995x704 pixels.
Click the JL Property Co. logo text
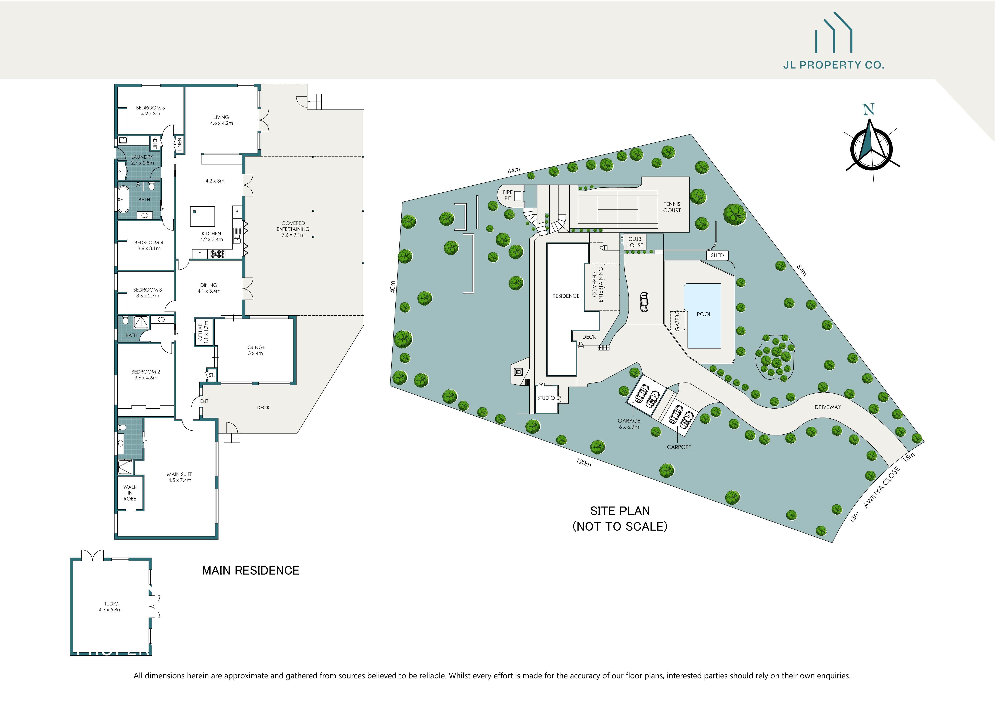click(833, 65)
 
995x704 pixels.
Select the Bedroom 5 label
click(150, 110)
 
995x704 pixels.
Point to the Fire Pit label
click(507, 195)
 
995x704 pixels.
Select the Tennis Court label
click(672, 207)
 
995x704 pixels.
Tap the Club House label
click(634, 242)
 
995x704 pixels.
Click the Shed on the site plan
click(717, 255)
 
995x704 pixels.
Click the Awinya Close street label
click(882, 488)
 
